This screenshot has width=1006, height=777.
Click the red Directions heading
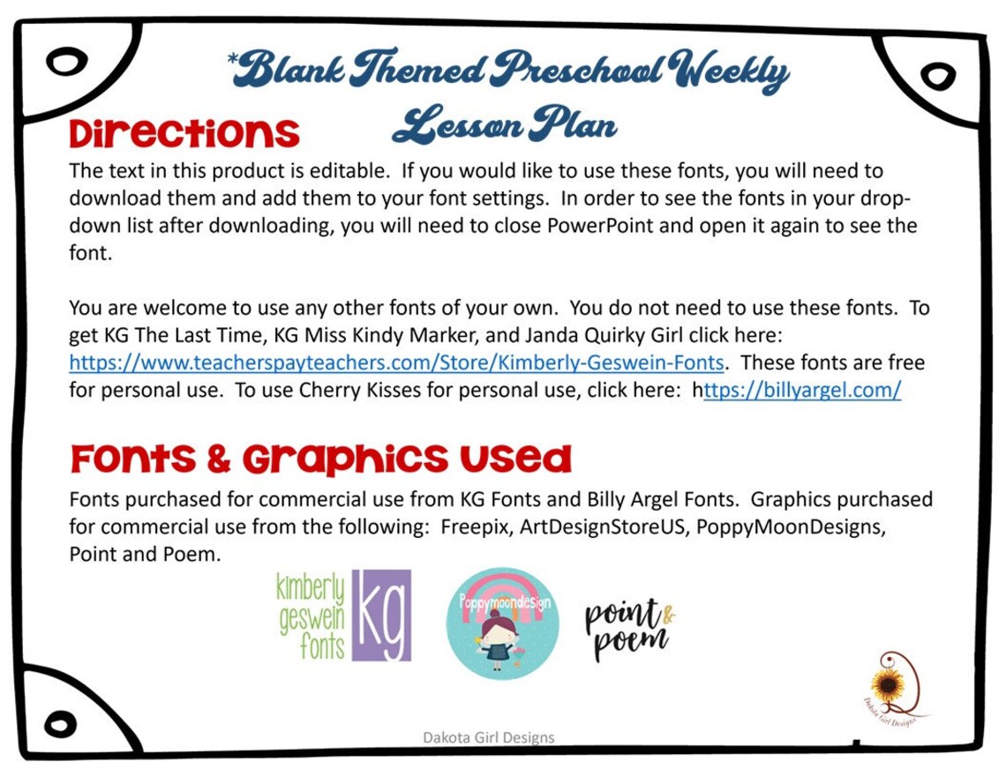point(184,134)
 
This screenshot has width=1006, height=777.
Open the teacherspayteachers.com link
point(397,362)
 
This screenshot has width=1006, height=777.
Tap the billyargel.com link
point(802,391)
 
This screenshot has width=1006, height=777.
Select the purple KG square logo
point(381,615)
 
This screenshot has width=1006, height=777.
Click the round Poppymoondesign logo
point(502,623)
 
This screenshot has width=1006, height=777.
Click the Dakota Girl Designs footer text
point(489,737)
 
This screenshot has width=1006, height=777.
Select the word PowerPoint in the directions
point(601,225)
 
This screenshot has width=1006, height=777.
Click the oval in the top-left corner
point(64,63)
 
